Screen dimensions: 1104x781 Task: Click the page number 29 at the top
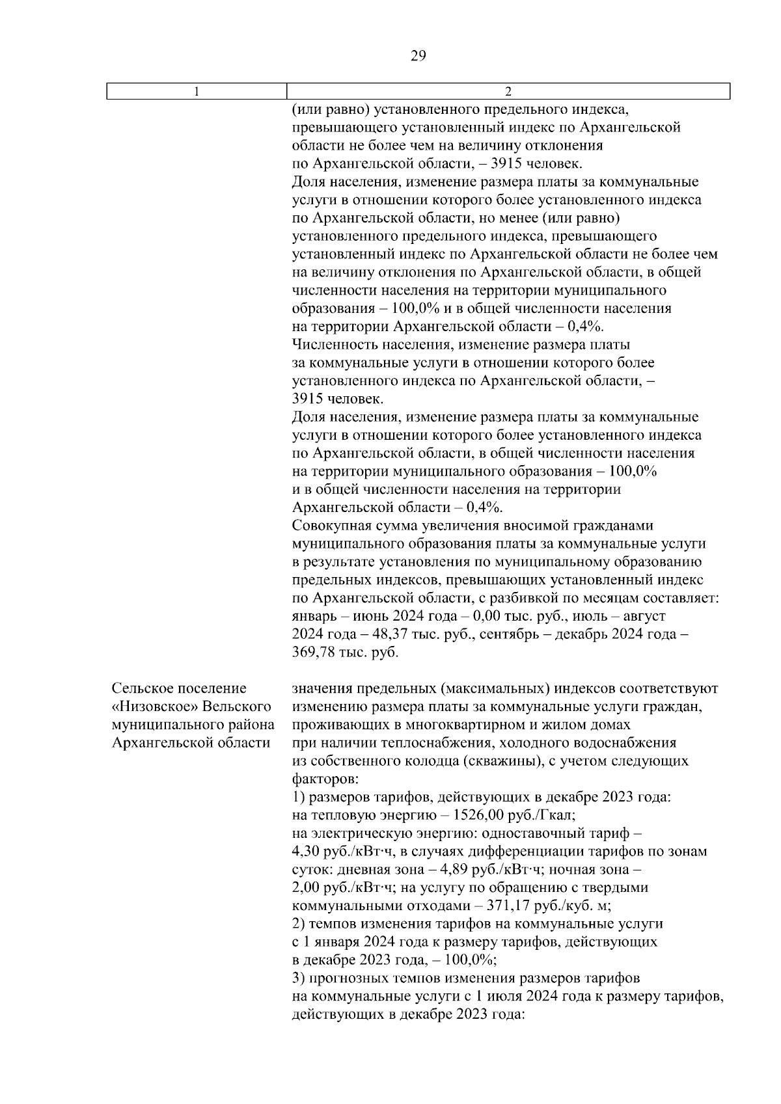pyautogui.click(x=418, y=56)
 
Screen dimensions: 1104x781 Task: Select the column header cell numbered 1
pyautogui.click(x=197, y=92)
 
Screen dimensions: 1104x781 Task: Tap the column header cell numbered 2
pyautogui.click(x=508, y=92)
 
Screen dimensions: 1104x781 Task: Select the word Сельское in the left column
pyautogui.click(x=143, y=688)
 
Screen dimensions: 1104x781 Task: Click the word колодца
pyautogui.click(x=430, y=761)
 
